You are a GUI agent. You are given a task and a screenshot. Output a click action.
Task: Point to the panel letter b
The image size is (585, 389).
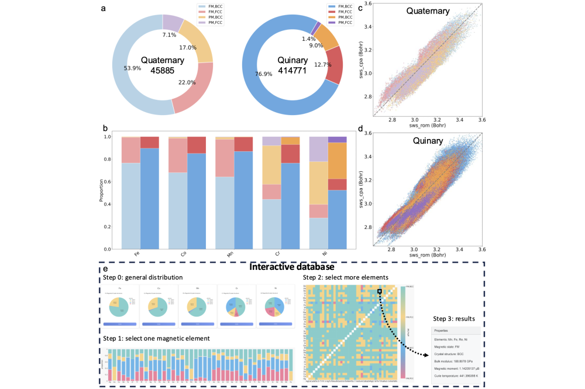(104, 127)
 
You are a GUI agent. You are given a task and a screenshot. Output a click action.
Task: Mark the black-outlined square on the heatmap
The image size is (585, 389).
(380, 291)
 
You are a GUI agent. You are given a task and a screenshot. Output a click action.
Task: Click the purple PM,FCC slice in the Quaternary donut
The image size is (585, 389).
(173, 23)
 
